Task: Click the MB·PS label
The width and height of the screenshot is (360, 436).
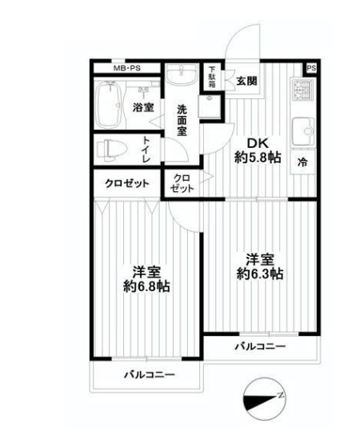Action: (x=126, y=69)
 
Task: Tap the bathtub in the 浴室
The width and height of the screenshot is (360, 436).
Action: (x=109, y=104)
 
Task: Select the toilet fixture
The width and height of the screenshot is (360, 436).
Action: (x=112, y=150)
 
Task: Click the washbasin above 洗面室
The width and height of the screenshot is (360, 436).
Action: (x=182, y=74)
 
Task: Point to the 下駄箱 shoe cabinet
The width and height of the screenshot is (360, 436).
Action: (x=212, y=77)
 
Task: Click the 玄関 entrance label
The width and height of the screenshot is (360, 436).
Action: (x=247, y=81)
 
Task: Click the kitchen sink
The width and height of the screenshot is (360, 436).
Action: (x=302, y=131)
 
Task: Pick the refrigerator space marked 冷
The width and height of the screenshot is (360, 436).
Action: (x=302, y=162)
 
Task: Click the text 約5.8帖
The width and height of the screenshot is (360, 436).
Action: (x=258, y=158)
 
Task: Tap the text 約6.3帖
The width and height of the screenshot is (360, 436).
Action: (x=260, y=274)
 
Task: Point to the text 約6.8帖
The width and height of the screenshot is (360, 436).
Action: (x=146, y=286)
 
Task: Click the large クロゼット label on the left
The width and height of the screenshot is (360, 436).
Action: (x=126, y=183)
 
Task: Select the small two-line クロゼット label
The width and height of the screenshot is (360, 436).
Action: (x=182, y=183)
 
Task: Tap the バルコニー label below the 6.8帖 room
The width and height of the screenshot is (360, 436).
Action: (x=150, y=374)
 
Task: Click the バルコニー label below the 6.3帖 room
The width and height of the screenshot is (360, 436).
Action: (x=260, y=346)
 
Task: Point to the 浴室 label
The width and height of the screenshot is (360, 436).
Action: (x=143, y=108)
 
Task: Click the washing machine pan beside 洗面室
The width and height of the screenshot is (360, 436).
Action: (x=210, y=106)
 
